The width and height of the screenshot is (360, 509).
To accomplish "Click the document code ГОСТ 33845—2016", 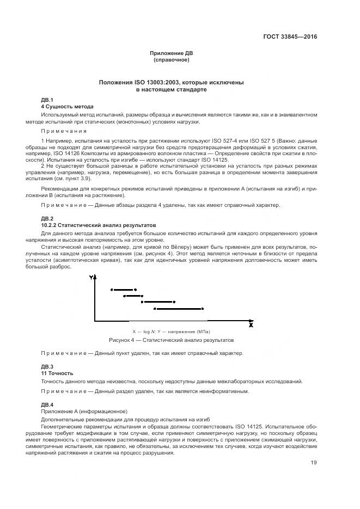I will coord(290,37).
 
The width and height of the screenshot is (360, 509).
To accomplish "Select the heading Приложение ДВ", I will coord(171,53).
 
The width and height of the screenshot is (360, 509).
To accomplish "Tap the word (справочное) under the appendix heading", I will coord(171,60).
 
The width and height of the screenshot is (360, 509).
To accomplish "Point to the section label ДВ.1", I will coord(47,100).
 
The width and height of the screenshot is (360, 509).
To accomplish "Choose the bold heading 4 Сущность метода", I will coord(68,107).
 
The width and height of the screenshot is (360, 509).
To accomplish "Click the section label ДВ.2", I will coord(47,218).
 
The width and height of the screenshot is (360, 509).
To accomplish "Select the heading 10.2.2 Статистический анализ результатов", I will coord(99,224).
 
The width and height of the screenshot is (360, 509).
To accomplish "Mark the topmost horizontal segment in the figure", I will coord(123,290).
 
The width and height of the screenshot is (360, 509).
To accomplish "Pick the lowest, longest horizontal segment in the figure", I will coord(179,309).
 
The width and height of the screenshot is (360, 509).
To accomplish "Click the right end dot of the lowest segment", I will coord(203,309).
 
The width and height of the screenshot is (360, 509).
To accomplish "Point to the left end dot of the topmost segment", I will coord(111,290).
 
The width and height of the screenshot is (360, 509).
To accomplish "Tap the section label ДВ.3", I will coord(47,367).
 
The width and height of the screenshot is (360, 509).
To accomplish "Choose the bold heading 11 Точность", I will coord(57,373).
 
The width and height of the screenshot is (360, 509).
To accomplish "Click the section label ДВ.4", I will coord(47,404).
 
